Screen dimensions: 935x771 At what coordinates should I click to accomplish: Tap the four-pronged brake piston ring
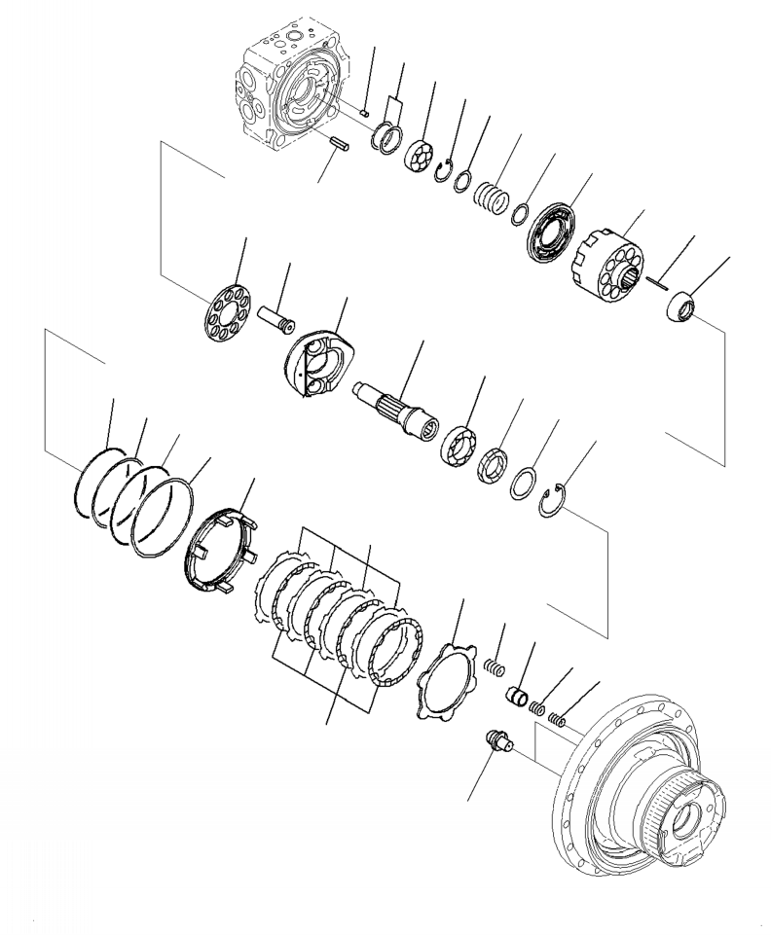point(220,550)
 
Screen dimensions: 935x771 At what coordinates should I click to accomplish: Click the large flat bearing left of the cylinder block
point(551,233)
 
